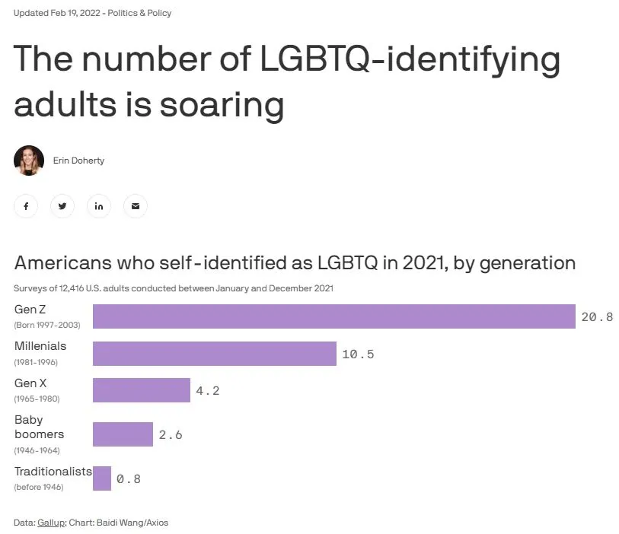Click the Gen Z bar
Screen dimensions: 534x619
[x=333, y=316]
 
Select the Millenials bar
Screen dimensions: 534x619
[x=214, y=354]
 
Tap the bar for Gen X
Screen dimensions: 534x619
[x=141, y=390]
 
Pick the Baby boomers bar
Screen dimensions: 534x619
[x=123, y=434]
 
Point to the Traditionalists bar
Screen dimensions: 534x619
[x=102, y=478]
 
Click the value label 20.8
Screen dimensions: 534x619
[x=597, y=316]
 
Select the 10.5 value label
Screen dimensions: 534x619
[x=358, y=354]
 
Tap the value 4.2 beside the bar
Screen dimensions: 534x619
[x=207, y=390]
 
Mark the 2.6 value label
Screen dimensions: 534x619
[x=171, y=435]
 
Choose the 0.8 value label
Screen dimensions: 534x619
[x=128, y=479]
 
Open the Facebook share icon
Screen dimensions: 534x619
[x=26, y=206]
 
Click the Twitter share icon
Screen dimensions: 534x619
[x=62, y=206]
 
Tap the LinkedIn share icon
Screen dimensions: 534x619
[x=99, y=206]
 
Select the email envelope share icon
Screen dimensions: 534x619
[x=136, y=206]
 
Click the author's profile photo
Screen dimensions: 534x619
[x=29, y=161]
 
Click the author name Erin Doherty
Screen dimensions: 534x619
[x=78, y=161]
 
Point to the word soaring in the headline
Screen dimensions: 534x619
[x=221, y=104]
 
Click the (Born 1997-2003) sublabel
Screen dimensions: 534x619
[x=47, y=325]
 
